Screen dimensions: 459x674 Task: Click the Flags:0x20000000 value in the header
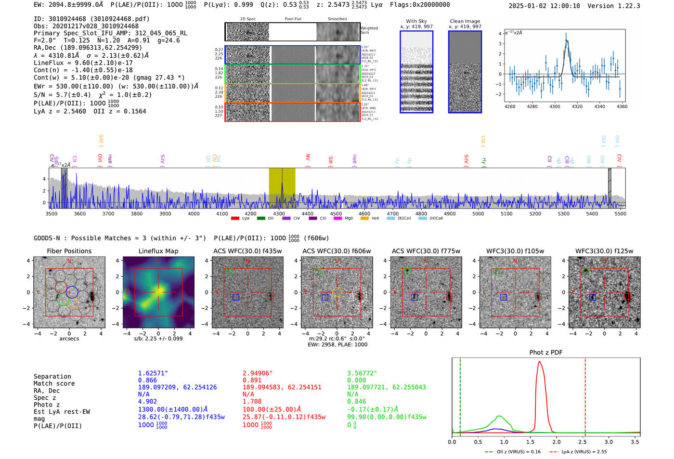tap(420, 5)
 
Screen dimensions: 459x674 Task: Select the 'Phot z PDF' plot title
tap(546, 353)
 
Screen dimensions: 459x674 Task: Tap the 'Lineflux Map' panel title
tap(158, 251)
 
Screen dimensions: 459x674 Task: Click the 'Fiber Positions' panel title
tap(69, 251)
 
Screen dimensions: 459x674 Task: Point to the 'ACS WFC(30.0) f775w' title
tap(426, 251)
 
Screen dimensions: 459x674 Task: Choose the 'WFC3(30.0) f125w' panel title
tap(604, 251)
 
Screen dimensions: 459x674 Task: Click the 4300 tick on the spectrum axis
tap(279, 214)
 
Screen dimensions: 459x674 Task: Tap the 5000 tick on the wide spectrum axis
tap(478, 214)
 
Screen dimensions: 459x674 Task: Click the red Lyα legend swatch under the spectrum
tap(235, 219)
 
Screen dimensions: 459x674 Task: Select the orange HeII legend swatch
tap(364, 219)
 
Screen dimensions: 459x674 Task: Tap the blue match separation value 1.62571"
tap(153, 373)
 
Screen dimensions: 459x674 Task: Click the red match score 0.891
tap(252, 380)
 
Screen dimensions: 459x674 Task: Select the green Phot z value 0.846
tap(356, 402)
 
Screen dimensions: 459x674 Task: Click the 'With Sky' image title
tap(416, 21)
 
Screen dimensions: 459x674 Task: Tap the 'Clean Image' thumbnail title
tap(465, 21)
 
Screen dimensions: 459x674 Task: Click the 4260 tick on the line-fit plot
tap(509, 106)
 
